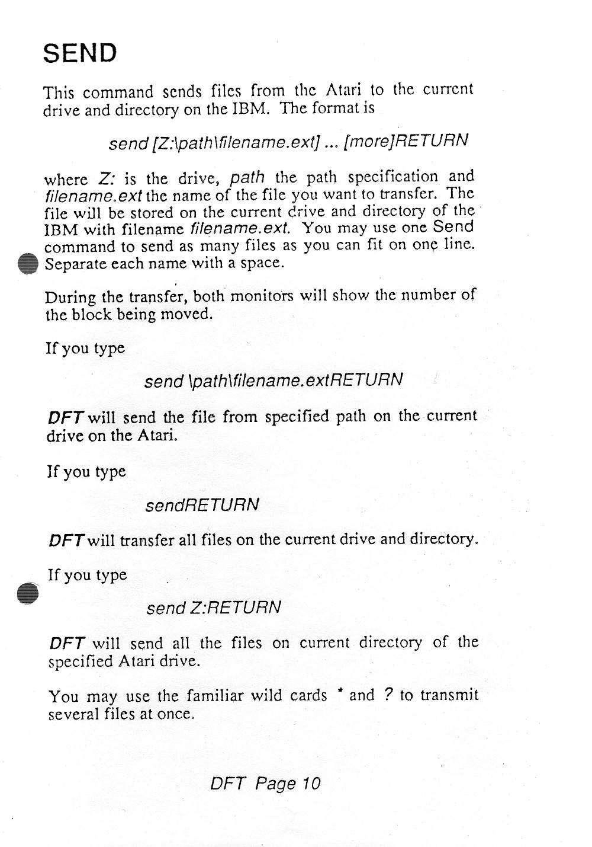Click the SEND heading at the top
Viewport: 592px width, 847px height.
click(x=80, y=53)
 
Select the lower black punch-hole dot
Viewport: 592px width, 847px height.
click(x=28, y=593)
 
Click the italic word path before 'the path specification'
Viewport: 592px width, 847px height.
click(x=247, y=177)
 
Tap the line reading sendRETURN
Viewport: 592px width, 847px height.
click(x=202, y=505)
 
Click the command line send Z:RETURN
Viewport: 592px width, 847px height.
click(x=213, y=608)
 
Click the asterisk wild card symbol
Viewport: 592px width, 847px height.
click(x=341, y=692)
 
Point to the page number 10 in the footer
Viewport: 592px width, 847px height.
click(x=311, y=783)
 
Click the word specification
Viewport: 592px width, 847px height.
click(x=392, y=177)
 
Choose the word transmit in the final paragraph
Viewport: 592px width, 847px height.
click(x=449, y=695)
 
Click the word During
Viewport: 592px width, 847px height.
click(x=70, y=298)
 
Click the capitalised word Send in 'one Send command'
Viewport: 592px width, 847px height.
click(x=453, y=226)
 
